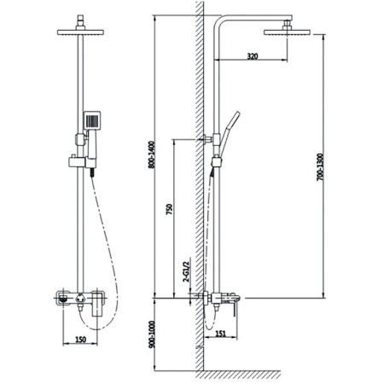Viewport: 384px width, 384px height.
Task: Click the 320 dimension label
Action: pyautogui.click(x=253, y=56)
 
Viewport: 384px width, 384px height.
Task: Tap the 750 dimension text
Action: pyautogui.click(x=169, y=209)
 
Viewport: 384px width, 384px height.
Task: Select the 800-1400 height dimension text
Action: pyautogui.click(x=151, y=154)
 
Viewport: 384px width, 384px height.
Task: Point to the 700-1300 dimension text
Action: pyautogui.click(x=320, y=167)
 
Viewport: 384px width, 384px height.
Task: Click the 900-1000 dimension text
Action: pyautogui.click(x=151, y=335)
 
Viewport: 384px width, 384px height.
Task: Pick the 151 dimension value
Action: pyautogui.click(x=220, y=334)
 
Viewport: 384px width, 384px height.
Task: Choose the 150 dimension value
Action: pyautogui.click(x=80, y=340)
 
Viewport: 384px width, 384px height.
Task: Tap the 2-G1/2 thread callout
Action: pyautogui.click(x=186, y=270)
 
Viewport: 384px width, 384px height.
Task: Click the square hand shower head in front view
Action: pyautogui.click(x=92, y=120)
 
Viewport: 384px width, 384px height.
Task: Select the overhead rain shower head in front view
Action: pyautogui.click(x=80, y=32)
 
